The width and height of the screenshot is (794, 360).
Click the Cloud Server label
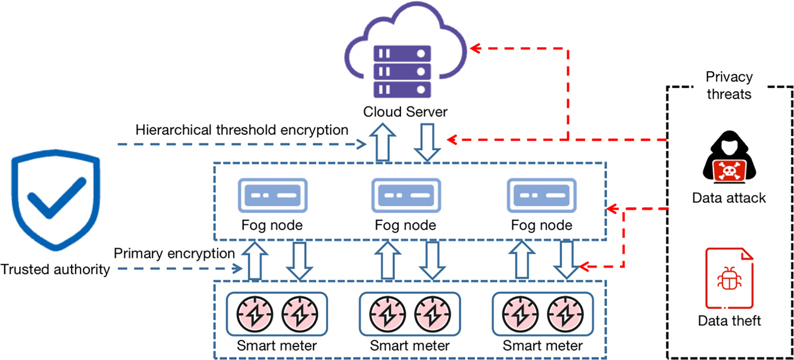coord(405,112)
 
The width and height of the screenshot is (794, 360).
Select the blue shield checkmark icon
coord(56,199)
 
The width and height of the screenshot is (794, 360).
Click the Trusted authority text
coord(55,269)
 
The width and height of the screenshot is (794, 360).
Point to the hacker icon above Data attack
coord(729,158)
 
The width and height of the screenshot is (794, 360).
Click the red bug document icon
coord(729,278)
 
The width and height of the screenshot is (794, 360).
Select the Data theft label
coord(729,321)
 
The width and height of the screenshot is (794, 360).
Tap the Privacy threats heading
coord(729,86)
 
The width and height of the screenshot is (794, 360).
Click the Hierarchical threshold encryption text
coord(242,130)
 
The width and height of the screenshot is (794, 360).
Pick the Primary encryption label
coord(174,253)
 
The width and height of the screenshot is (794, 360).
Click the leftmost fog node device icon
coord(272,195)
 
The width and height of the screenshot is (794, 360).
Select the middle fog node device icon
coord(406,195)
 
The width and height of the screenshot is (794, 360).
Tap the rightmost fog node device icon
coord(542,195)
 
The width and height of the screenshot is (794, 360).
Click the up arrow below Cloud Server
coord(382,142)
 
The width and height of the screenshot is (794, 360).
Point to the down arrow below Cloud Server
coord(427,142)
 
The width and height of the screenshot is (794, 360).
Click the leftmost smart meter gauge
coord(255,314)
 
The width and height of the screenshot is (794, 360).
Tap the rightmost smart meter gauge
coord(565,314)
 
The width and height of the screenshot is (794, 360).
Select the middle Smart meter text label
coord(410,346)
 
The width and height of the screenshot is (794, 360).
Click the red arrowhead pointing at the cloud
coord(475,49)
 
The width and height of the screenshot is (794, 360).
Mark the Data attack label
coord(729,198)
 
